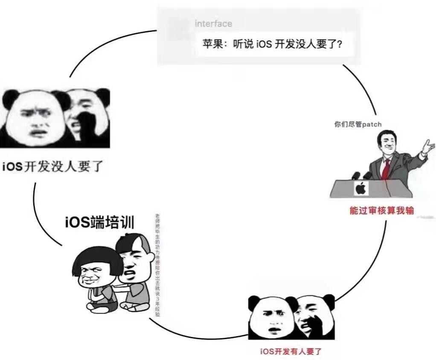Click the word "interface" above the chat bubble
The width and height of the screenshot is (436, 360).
[x=213, y=23]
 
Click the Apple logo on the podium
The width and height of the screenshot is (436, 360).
[x=361, y=188]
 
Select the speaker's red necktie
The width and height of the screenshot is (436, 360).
[x=386, y=169]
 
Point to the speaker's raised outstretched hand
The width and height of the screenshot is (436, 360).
[x=427, y=145]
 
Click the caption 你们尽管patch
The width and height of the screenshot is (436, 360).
[x=358, y=125]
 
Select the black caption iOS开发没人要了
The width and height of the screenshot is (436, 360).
[x=52, y=165]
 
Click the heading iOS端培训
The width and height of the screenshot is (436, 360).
[x=99, y=223]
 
